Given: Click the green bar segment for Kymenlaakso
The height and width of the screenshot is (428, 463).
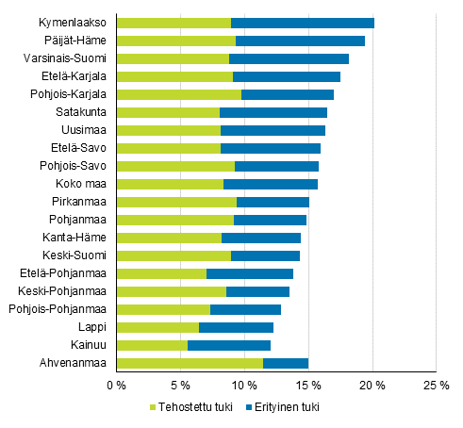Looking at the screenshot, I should pos(174,23).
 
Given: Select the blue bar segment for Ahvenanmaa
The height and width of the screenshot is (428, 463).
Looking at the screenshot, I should pos(286,363).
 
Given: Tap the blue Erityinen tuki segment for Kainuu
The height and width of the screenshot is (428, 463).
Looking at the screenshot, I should pos(229,345).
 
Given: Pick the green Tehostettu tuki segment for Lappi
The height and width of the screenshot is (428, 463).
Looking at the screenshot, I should pos(157,327).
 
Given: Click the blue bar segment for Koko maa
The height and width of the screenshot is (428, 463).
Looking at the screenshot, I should pos(271,184).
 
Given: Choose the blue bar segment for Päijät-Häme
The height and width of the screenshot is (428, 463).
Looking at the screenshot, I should pos(300,41).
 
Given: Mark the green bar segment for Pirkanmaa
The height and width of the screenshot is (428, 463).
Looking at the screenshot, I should pos(176,202).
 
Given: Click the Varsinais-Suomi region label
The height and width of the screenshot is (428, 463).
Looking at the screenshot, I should pos(72,58).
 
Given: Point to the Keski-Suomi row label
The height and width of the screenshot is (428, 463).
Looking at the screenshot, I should pos(79,255).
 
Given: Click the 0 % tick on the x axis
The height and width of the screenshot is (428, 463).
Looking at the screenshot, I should pos(116,385).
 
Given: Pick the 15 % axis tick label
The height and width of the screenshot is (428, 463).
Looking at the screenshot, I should pos(308,385).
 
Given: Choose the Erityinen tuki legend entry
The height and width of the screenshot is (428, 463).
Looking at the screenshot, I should pos(283,407).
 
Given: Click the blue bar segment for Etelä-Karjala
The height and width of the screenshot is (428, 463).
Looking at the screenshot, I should pos(287,76).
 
